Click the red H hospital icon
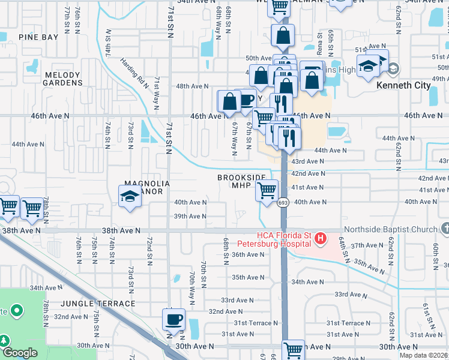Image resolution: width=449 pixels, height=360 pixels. click(x=321, y=239)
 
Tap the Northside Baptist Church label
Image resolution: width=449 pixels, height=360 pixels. click(x=394, y=230)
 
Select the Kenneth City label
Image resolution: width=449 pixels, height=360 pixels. click(x=403, y=85)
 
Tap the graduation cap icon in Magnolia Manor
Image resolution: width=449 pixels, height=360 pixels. click(x=129, y=197)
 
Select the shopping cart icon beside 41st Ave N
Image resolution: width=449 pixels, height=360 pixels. click(x=267, y=191)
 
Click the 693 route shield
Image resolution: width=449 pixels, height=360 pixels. click(x=283, y=203)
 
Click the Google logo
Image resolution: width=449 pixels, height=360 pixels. click(x=20, y=353)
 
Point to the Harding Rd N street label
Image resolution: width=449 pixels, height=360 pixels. click(x=137, y=74)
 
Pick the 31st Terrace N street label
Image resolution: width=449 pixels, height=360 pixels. click(x=256, y=323)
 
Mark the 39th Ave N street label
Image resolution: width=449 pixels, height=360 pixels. click(x=190, y=216)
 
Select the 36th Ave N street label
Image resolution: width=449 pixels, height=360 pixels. click(x=248, y=254)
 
